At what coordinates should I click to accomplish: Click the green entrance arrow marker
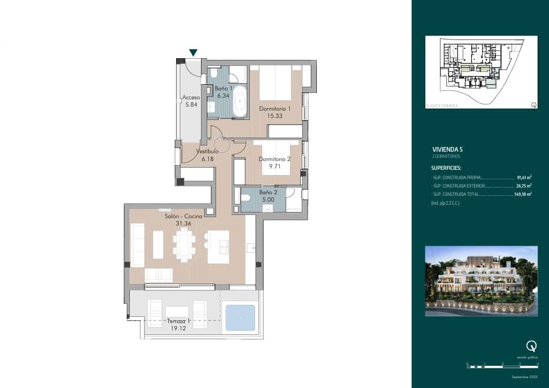click(x=193, y=52)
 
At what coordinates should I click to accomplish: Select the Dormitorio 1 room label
click(x=275, y=109)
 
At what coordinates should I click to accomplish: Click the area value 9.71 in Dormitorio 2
click(x=274, y=167)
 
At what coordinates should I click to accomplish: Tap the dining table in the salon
click(x=184, y=245)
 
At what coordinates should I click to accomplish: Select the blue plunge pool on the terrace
click(x=239, y=318)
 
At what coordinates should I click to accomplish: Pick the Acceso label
click(x=191, y=97)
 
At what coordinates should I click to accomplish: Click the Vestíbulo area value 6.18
click(x=207, y=158)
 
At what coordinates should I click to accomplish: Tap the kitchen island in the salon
click(x=218, y=246)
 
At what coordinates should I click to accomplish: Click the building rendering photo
click(x=481, y=281)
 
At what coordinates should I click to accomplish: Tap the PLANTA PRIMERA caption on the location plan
click(x=442, y=105)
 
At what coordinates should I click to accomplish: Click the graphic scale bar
click(x=502, y=367)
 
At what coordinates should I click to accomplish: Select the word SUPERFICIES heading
click(x=446, y=168)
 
